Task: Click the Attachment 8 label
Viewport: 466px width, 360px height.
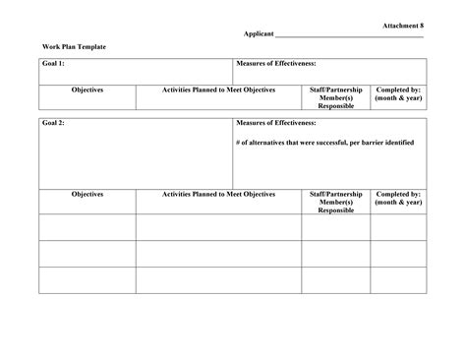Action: pos(402,24)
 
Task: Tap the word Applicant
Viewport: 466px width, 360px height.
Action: pos(260,34)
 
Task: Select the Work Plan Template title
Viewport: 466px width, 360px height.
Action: pos(74,47)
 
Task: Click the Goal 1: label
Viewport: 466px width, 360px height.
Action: pos(53,64)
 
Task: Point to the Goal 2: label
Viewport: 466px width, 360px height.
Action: pos(53,124)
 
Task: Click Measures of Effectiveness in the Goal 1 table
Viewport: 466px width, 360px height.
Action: pos(276,64)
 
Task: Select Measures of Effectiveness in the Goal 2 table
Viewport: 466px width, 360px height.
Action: pos(276,124)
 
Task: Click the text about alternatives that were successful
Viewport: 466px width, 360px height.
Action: pos(325,143)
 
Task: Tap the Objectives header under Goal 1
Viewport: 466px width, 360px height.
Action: pos(87,90)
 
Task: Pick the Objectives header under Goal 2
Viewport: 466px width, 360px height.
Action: pos(87,195)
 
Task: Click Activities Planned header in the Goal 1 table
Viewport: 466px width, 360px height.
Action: pos(218,90)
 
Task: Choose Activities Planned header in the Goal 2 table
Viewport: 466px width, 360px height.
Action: pos(218,195)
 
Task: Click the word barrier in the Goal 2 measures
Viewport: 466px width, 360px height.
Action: pos(372,143)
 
